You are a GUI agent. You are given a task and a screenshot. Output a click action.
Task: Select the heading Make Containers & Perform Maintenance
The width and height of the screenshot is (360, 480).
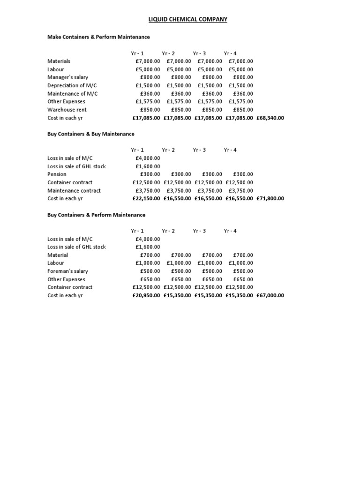pos(98,37)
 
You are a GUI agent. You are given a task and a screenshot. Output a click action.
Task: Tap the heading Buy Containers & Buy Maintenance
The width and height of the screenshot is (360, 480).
pos(91,134)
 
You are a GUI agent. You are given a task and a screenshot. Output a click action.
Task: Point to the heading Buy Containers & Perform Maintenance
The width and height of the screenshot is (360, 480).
pos(97,215)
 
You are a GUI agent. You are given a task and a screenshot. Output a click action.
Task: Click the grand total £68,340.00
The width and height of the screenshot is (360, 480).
pos(270,118)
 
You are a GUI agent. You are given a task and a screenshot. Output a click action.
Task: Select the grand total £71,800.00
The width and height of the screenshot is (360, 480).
pos(270,199)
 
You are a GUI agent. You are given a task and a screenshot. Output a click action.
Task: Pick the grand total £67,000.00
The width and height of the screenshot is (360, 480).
pos(270,295)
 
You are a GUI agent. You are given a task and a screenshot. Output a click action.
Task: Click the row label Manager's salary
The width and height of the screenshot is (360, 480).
pos(67,77)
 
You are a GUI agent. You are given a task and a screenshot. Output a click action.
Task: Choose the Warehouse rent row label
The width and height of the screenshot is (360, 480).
pos(67,110)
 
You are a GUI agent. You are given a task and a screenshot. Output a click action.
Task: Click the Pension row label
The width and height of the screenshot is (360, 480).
pos(57,174)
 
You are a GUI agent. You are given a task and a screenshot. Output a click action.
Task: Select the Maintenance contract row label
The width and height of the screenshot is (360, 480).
pos(74,191)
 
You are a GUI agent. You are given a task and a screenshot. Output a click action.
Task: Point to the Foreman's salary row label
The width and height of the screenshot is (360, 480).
pos(67,271)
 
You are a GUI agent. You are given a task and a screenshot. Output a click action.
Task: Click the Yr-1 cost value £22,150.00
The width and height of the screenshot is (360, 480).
pos(146,199)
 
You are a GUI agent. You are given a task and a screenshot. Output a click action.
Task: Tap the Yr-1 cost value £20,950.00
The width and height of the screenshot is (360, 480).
pos(146,295)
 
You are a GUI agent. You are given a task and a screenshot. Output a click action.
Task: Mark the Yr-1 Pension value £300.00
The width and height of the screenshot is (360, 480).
pos(150,174)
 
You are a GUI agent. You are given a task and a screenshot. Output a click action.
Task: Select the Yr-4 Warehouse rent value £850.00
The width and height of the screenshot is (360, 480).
pos(243,110)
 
